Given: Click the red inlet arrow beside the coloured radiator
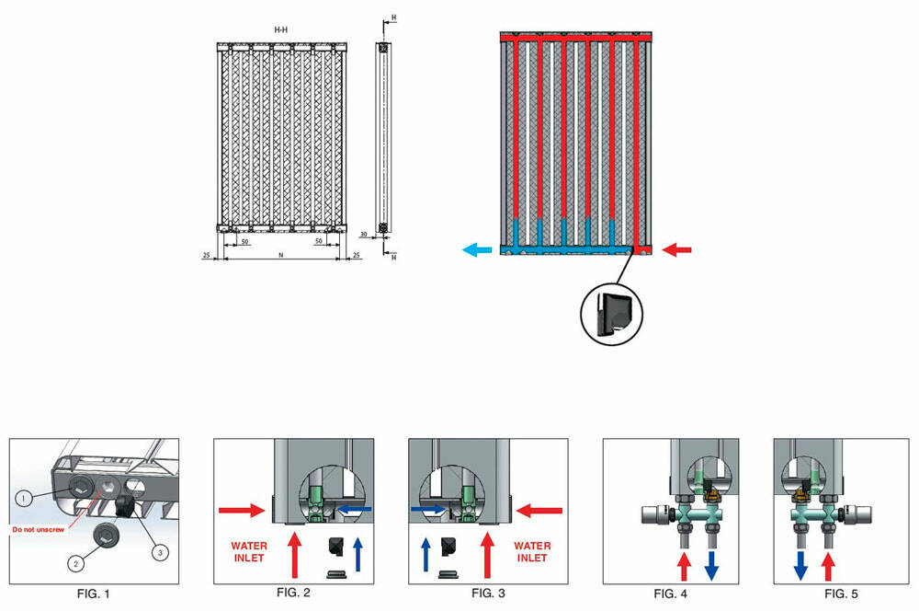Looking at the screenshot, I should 677,248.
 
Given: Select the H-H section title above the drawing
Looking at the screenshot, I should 281,30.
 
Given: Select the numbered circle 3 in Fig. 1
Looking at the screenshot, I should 160,552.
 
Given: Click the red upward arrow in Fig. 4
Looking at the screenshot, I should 682,563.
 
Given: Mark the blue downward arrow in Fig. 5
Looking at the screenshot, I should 800,563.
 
